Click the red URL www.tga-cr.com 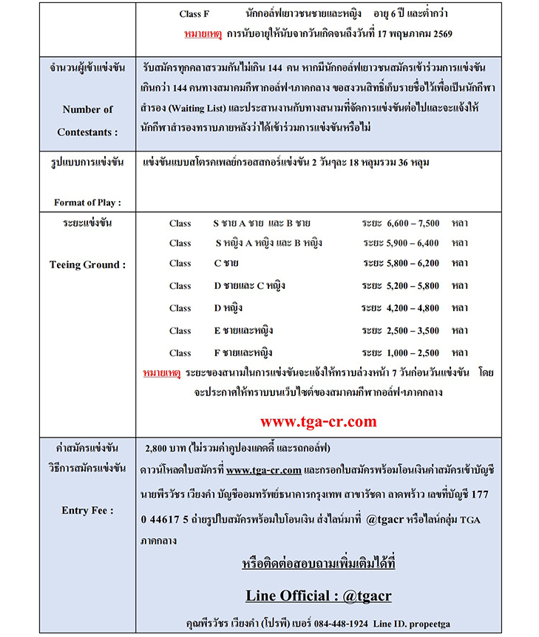[x=318, y=422]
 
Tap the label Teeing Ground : [x=88, y=265]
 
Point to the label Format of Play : [x=88, y=202]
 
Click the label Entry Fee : [x=88, y=510]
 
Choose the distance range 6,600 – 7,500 [x=413, y=223]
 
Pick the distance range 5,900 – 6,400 [x=413, y=242]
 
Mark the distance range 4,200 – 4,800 [x=413, y=308]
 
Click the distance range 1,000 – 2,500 [x=413, y=352]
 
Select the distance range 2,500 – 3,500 [x=413, y=330]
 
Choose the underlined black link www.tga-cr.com [x=263, y=470]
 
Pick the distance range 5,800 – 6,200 [x=413, y=263]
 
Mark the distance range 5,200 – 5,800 [x=413, y=285]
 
